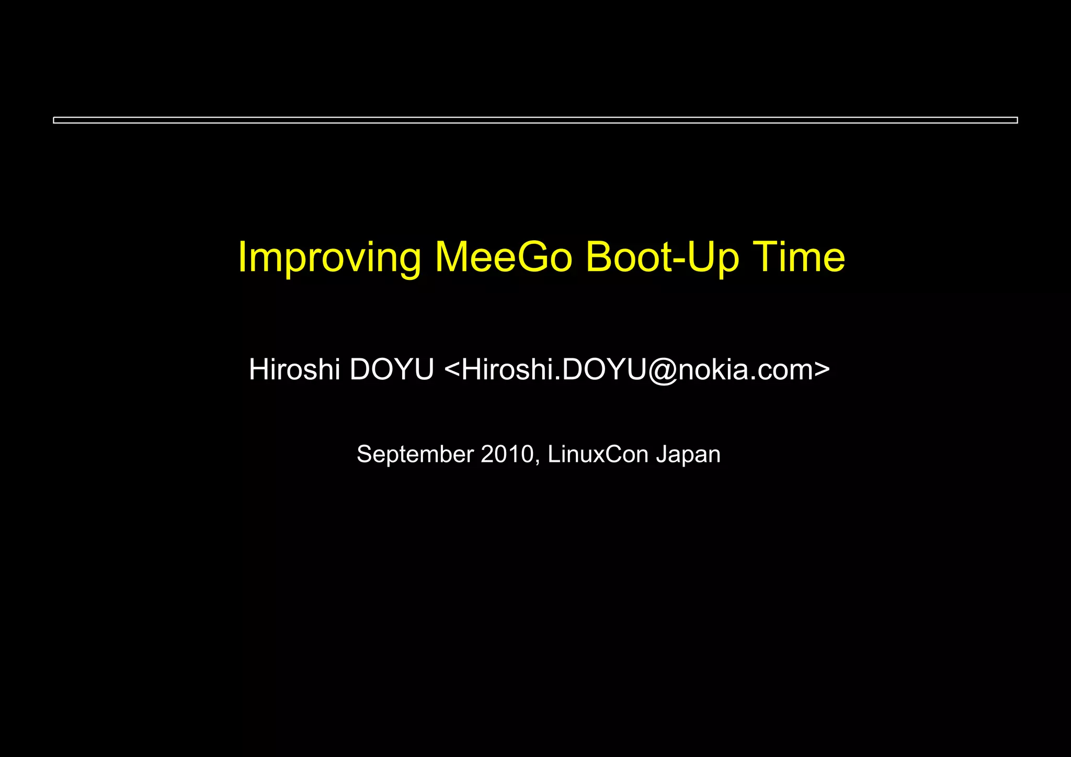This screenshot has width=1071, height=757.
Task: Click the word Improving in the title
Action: coord(329,257)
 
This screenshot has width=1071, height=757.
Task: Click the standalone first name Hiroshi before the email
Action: coord(294,369)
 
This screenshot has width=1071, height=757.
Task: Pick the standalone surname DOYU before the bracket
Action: coord(392,369)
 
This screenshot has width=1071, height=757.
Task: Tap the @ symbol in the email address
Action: coord(663,370)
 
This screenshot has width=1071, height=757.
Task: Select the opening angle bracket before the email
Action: coord(451,369)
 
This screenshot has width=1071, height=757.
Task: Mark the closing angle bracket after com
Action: coord(822,369)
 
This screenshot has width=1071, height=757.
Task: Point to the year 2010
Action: coord(507,454)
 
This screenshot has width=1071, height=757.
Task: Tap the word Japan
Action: coord(688,455)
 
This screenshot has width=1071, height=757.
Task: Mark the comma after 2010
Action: coord(538,461)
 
